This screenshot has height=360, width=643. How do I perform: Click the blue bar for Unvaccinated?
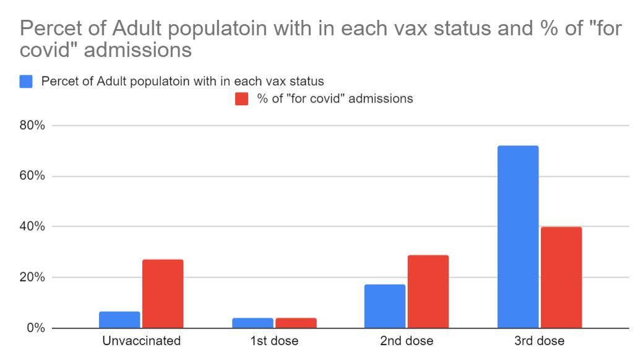point(119,320)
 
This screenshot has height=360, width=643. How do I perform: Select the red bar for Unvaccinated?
point(163,294)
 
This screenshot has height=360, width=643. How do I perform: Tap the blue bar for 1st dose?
point(252,323)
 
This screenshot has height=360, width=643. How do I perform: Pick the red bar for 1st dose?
point(296,323)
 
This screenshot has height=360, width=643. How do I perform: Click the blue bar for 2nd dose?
point(385,306)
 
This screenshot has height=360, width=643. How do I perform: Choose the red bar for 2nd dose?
point(428,291)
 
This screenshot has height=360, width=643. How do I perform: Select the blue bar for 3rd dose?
point(518,237)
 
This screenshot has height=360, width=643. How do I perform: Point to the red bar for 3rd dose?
point(561,278)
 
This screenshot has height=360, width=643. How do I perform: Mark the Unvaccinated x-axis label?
point(141,341)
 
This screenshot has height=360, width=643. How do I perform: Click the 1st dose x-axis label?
point(274,341)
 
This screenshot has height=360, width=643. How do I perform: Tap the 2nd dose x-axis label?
point(407,341)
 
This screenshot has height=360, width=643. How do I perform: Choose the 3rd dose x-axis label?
point(540,341)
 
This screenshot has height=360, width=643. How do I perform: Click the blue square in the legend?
point(26,81)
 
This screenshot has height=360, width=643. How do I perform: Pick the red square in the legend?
point(242,98)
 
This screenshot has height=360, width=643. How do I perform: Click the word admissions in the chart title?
point(137,49)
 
